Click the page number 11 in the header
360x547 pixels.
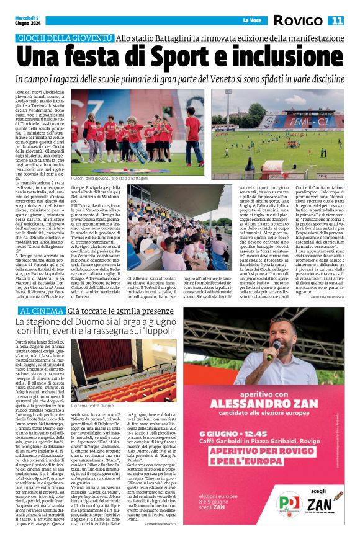[336, 20]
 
